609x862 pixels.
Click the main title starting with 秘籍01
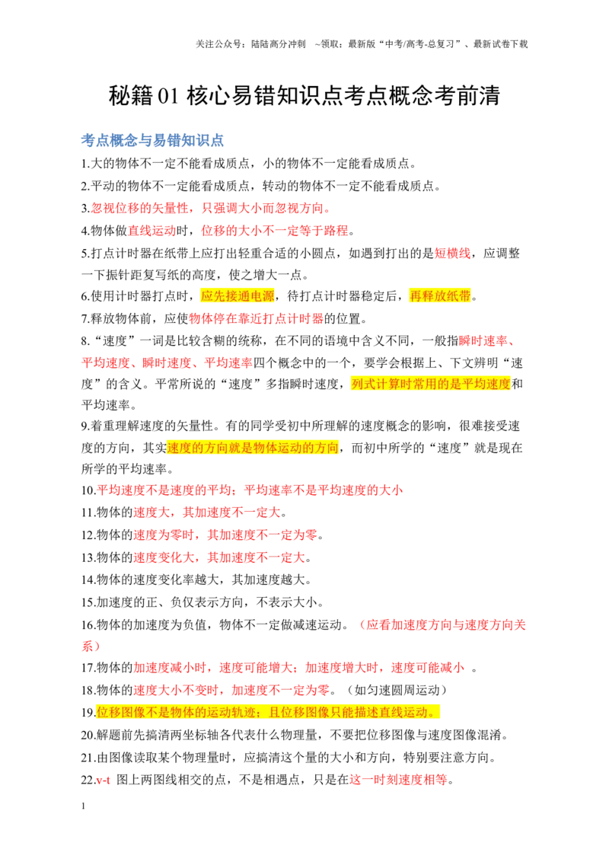[304, 96]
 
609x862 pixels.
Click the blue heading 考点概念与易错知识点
[152, 140]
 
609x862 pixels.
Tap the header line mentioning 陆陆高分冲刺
[362, 44]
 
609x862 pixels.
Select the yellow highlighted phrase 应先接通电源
[238, 295]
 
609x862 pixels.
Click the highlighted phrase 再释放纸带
[440, 295]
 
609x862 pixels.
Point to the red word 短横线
[452, 253]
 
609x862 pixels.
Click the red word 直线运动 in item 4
[151, 230]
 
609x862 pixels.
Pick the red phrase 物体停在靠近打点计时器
[256, 318]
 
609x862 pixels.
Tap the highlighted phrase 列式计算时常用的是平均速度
[431, 384]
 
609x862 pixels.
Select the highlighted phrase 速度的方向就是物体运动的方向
[252, 448]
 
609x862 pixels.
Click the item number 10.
[88, 490]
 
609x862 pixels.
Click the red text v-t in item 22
[104, 780]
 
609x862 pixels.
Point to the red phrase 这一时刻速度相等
[398, 780]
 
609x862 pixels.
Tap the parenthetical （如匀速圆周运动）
[397, 690]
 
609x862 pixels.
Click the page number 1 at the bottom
[84, 806]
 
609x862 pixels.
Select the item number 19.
[88, 713]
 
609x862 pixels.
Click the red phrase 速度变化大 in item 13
[164, 557]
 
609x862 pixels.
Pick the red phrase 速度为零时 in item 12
[164, 535]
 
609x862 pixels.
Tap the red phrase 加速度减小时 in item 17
[170, 667]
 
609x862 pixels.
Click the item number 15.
[88, 602]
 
